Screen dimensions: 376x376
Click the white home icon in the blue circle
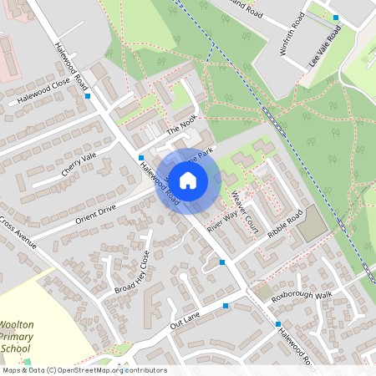coord(188,180)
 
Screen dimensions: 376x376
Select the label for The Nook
coord(185,126)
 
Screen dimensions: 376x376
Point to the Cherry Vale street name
coord(79,164)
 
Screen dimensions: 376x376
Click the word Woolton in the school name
coord(17,324)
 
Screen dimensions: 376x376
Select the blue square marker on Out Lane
coord(226,307)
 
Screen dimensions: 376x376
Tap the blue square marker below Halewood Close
coord(88,96)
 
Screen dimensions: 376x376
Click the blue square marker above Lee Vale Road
coord(336,18)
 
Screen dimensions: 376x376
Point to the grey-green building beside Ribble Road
coord(312,223)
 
